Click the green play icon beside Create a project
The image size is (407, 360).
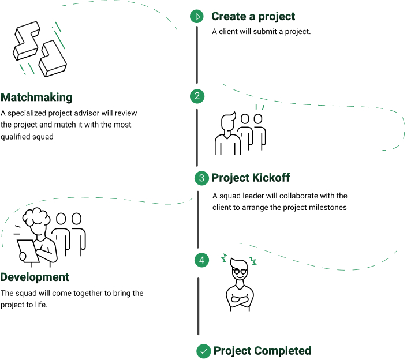pyautogui.click(x=197, y=17)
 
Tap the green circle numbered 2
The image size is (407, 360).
pyautogui.click(x=197, y=96)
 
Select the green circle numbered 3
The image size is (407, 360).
pyautogui.click(x=201, y=178)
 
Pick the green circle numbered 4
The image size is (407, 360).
pyautogui.click(x=201, y=260)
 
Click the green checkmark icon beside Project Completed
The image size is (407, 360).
pyautogui.click(x=203, y=351)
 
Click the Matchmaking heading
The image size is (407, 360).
pyautogui.click(x=36, y=97)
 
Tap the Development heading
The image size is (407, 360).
pyautogui.click(x=35, y=277)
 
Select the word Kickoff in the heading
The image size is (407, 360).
pyautogui.click(x=271, y=178)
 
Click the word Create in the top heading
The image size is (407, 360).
pyautogui.click(x=229, y=16)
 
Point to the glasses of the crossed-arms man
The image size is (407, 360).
pyautogui.click(x=240, y=272)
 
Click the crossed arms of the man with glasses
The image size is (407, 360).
pyautogui.click(x=240, y=298)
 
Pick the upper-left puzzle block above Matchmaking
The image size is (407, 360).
pyautogui.click(x=27, y=41)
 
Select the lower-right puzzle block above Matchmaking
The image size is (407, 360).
pyautogui.click(x=53, y=59)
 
